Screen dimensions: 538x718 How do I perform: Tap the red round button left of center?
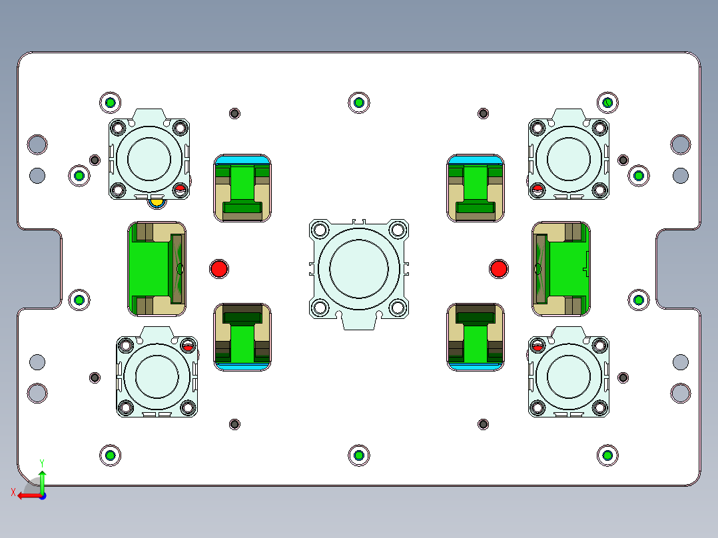point(218,268)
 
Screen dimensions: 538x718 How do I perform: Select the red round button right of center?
point(498,268)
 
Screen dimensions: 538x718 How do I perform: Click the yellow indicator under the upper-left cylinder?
point(156,200)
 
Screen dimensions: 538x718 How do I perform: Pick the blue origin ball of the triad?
point(42,496)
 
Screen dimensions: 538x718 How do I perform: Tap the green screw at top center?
point(358,102)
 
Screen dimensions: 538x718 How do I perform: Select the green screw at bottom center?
point(358,455)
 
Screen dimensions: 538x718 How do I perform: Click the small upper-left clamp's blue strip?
point(242,160)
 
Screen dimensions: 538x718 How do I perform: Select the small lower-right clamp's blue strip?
point(475,366)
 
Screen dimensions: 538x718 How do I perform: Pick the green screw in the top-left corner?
point(110,102)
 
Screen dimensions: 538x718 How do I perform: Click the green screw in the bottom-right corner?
point(607,455)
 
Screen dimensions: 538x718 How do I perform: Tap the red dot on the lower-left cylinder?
point(188,347)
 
